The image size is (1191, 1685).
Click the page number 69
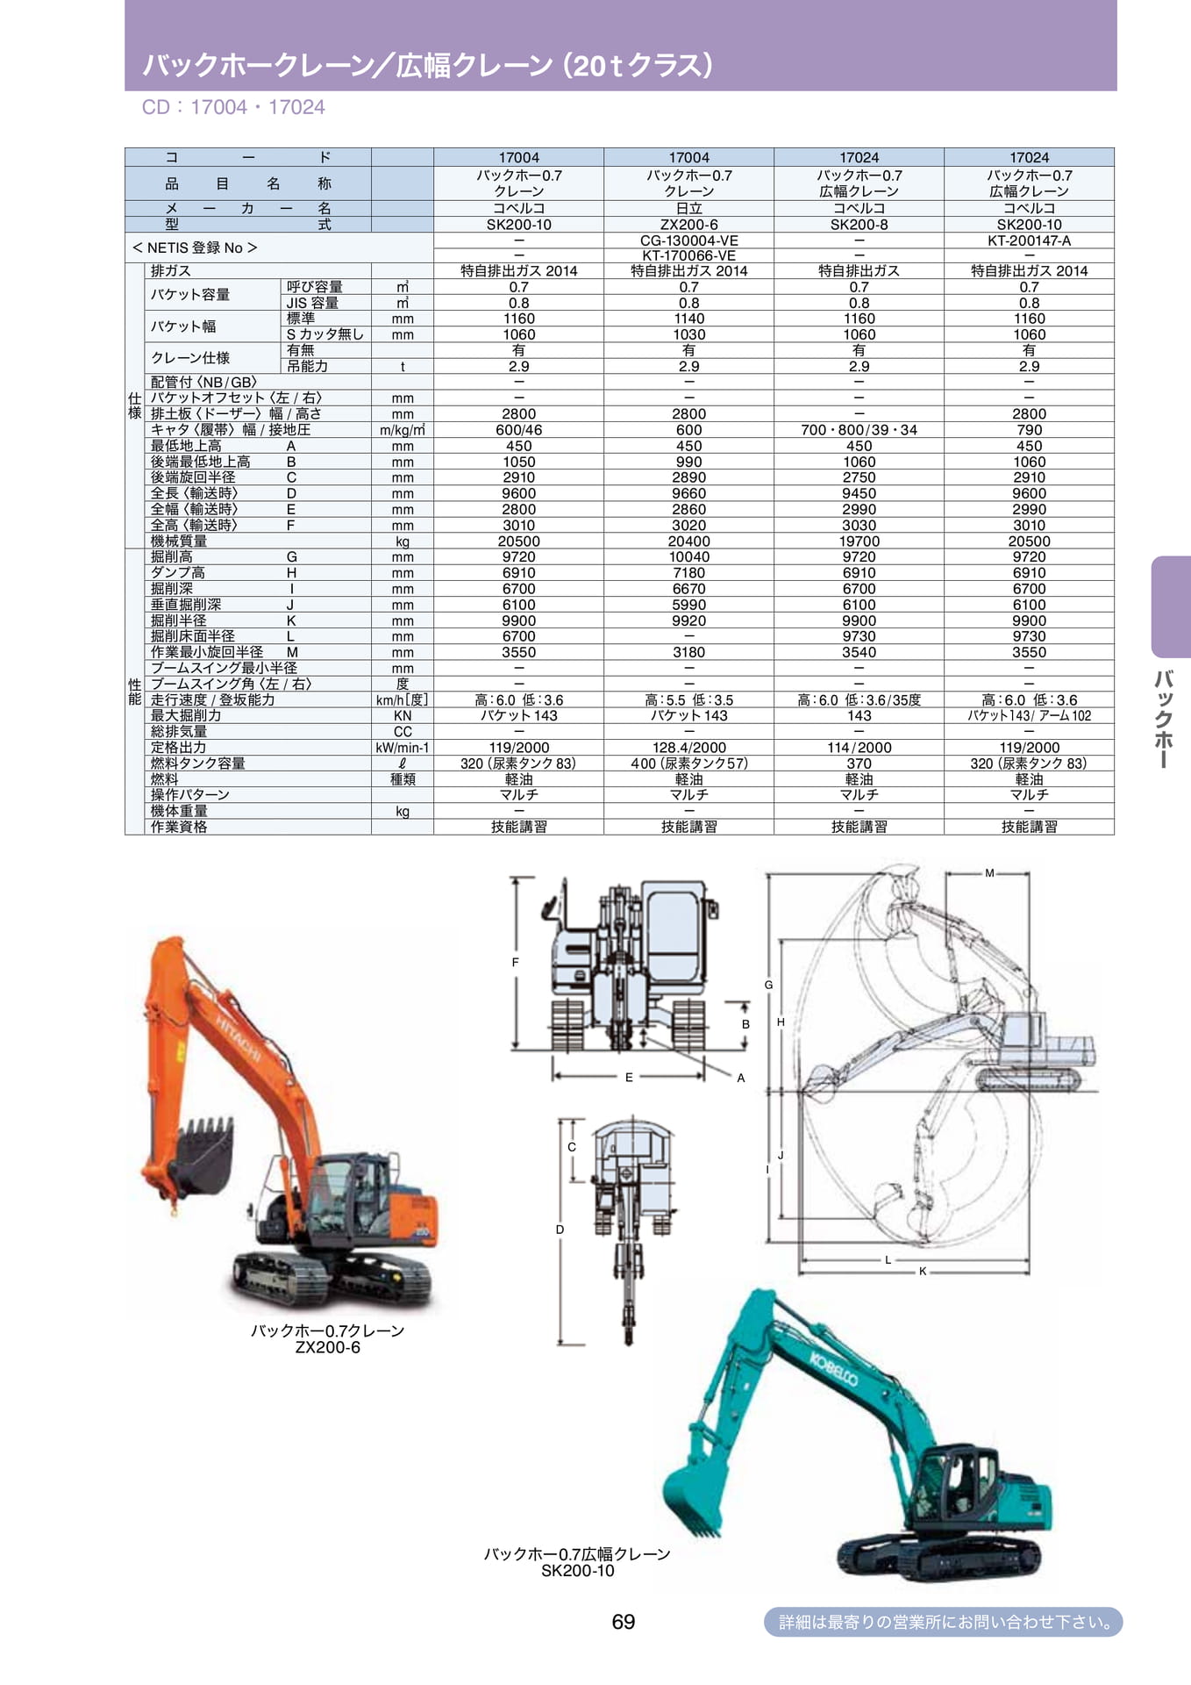pos(624,1621)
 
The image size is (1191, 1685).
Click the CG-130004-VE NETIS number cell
pos(689,240)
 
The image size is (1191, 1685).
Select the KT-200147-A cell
pos(1030,240)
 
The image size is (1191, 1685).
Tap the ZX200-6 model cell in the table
pos(689,225)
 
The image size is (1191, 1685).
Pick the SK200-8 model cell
pos(859,225)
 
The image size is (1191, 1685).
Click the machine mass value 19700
pos(859,541)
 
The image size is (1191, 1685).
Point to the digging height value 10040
pos(689,557)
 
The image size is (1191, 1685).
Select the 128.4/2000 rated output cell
pos(689,748)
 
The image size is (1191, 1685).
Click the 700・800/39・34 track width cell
pos(859,430)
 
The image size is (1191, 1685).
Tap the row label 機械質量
pos(179,541)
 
